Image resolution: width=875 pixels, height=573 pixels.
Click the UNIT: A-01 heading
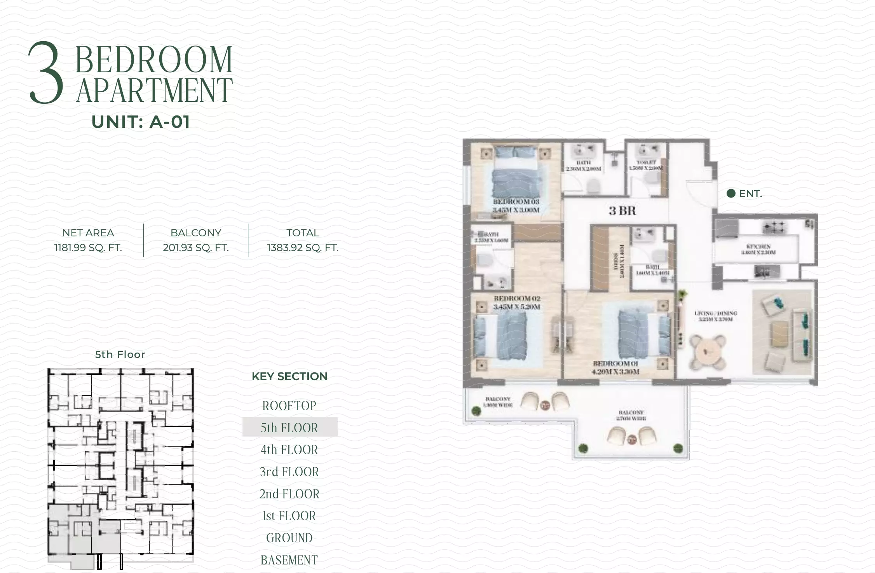point(141,122)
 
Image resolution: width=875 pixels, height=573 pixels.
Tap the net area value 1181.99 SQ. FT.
point(88,248)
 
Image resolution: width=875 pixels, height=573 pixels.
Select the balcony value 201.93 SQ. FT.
point(196,248)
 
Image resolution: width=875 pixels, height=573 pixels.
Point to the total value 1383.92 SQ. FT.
point(303,248)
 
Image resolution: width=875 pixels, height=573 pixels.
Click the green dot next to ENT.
point(731,193)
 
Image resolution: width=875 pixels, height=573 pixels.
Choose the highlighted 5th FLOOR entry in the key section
point(289,428)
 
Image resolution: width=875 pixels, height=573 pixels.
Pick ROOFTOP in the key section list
point(289,405)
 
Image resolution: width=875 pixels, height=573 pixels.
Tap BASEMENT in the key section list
point(289,560)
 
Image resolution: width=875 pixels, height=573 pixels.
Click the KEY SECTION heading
point(289,376)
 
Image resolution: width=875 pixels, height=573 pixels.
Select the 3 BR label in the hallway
point(622,211)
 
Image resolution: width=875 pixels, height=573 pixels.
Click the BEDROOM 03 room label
point(516,202)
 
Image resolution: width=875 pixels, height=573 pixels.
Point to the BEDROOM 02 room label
point(517,299)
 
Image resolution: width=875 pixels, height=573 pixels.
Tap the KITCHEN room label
point(758,246)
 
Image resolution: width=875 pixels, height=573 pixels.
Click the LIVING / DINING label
point(716,313)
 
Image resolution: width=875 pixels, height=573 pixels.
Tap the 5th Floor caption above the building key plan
point(120,355)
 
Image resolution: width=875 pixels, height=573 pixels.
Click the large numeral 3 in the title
point(46,73)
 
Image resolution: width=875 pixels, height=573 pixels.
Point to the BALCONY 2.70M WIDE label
point(631,415)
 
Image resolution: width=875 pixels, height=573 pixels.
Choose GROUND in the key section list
point(289,538)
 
